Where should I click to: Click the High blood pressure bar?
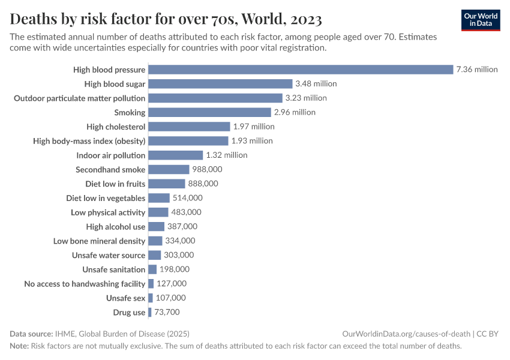tap(300, 70)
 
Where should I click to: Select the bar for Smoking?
tap(209, 112)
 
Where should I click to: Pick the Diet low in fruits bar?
tap(166, 184)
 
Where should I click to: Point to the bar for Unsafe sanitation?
tap(152, 269)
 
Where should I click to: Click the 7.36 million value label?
tap(477, 70)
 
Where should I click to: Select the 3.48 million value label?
tap(316, 84)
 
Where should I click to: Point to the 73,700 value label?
tap(167, 312)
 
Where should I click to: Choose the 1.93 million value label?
tap(252, 141)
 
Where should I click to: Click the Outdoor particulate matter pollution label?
tap(80, 98)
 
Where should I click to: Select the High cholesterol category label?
tap(116, 127)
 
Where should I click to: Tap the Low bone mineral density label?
tap(100, 241)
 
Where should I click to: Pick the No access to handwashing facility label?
tap(85, 284)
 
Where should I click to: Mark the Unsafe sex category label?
tap(126, 298)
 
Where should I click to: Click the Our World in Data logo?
tap(481, 19)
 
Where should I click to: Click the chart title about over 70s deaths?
tap(166, 20)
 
